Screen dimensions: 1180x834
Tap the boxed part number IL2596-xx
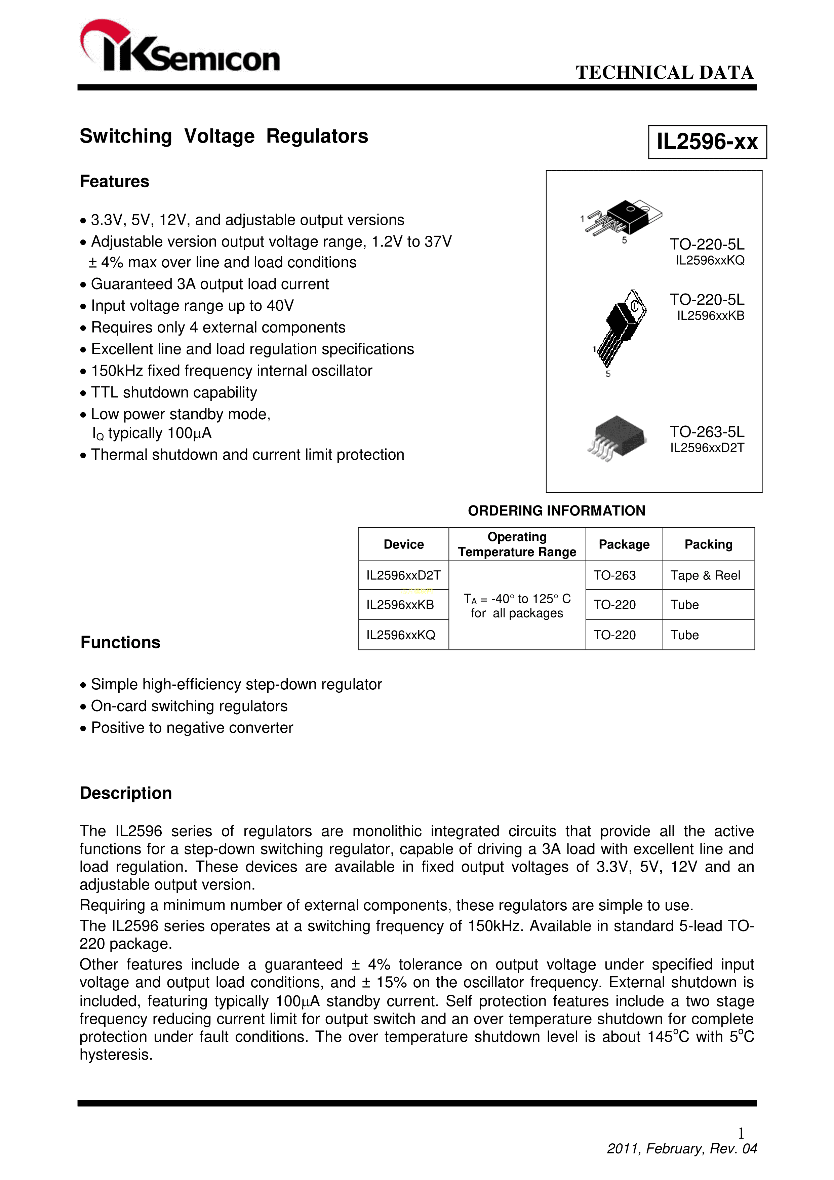(707, 142)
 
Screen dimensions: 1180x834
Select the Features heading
(115, 181)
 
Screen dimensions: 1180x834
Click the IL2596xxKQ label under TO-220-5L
(710, 261)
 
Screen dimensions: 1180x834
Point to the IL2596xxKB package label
(710, 315)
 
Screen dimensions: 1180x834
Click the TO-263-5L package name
(707, 432)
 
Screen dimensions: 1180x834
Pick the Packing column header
(708, 544)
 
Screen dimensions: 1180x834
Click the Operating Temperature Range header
(517, 544)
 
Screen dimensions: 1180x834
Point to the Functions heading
(120, 642)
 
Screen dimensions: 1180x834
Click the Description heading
(126, 793)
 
